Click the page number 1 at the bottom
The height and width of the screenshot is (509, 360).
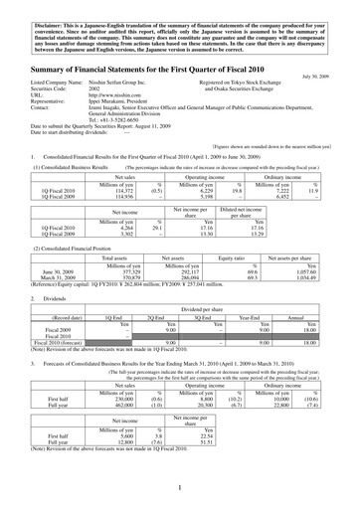[x=180, y=488]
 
